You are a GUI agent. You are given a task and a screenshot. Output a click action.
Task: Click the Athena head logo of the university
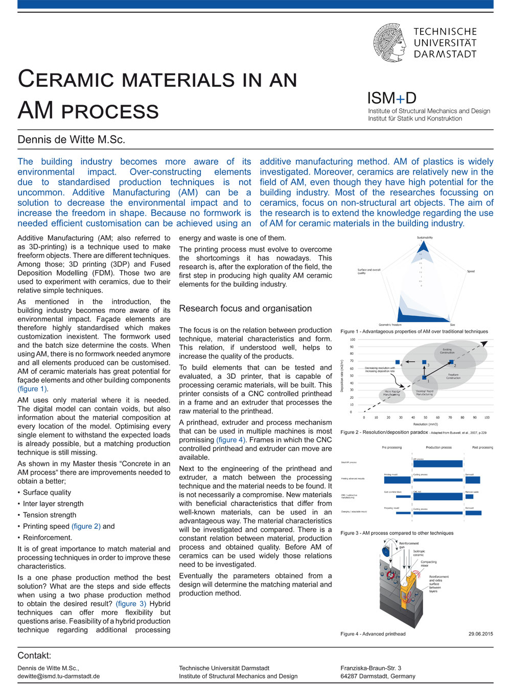point(389,43)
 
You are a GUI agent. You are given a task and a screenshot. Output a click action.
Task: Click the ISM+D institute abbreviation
point(391,98)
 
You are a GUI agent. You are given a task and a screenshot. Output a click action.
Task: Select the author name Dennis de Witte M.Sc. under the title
point(71,139)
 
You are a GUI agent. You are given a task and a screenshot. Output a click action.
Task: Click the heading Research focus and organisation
point(245,308)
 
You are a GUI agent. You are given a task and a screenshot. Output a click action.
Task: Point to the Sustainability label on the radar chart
point(425,237)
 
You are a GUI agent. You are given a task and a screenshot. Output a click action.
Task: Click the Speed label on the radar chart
point(471,271)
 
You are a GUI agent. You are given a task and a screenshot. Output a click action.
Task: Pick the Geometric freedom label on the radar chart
point(390,325)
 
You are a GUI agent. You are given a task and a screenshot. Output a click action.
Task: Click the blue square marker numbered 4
point(398,363)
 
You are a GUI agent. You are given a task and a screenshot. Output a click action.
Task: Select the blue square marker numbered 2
point(451,363)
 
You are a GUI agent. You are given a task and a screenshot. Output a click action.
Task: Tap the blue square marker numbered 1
point(424,378)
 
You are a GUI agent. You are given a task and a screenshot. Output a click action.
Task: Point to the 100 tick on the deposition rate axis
point(353,339)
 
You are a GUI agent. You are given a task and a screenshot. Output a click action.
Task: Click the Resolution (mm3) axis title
point(425,424)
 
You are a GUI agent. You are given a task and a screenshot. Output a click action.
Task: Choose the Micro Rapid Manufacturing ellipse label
point(392,393)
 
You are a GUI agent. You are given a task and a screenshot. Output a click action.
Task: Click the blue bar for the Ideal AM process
point(437,464)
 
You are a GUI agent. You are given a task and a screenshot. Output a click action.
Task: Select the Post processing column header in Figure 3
point(482,448)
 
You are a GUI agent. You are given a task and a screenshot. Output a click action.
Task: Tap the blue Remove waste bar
point(469,497)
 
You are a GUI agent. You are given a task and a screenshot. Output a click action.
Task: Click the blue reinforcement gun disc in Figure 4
point(386,551)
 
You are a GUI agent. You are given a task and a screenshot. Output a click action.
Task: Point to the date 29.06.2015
point(480,634)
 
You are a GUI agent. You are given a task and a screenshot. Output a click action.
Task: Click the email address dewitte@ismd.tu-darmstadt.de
point(59,676)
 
